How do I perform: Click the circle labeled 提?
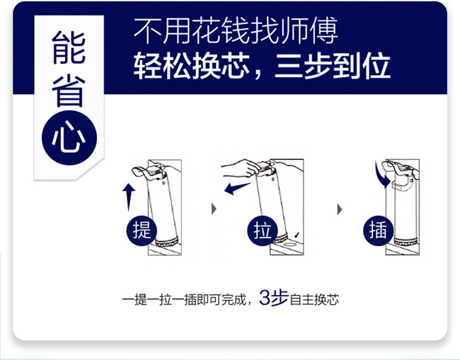tap(142, 231)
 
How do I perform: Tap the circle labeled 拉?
tap(262, 231)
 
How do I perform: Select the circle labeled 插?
tap(378, 231)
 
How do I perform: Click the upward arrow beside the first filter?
tap(129, 197)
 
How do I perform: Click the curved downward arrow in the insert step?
tap(381, 176)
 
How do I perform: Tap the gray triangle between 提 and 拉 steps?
tap(214, 209)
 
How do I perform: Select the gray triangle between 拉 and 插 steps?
tap(340, 209)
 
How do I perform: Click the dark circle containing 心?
tap(69, 138)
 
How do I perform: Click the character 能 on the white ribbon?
tap(69, 48)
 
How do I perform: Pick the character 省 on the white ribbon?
tap(69, 91)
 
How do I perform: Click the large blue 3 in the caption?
tap(264, 298)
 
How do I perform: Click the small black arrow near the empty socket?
tap(297, 235)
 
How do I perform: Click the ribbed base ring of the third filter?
tap(406, 242)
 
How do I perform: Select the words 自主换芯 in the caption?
tap(314, 300)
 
